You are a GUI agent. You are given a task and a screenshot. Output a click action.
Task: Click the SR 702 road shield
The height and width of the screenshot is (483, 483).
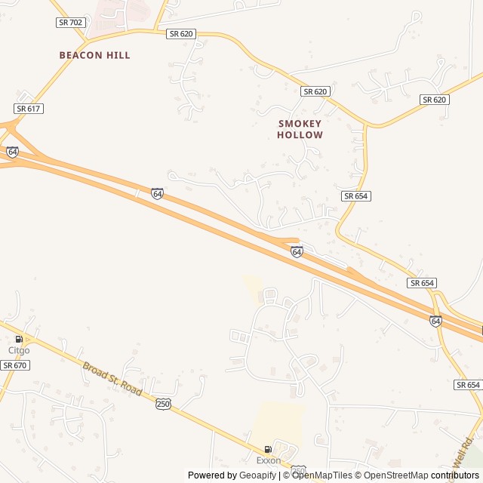pyautogui.click(x=69, y=23)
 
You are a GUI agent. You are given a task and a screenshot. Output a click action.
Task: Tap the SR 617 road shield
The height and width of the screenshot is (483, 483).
pyautogui.click(x=29, y=109)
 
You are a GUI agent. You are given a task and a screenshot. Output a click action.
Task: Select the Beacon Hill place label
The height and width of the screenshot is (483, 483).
pyautogui.click(x=95, y=55)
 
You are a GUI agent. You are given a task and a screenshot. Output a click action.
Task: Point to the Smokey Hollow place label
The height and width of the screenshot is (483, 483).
pyautogui.click(x=300, y=129)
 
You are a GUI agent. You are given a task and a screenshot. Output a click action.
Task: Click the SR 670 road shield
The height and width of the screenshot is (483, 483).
pyautogui.click(x=14, y=365)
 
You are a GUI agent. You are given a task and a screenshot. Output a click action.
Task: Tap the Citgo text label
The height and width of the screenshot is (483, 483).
pyautogui.click(x=19, y=350)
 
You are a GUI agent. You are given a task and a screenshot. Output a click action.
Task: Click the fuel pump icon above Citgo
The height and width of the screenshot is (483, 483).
pyautogui.click(x=19, y=340)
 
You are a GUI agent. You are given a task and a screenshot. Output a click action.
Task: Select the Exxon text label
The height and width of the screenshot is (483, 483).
pyautogui.click(x=268, y=460)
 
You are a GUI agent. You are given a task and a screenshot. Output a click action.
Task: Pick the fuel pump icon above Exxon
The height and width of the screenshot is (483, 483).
pyautogui.click(x=268, y=450)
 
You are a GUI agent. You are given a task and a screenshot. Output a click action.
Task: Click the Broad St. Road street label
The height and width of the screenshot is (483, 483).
pyautogui.click(x=112, y=383)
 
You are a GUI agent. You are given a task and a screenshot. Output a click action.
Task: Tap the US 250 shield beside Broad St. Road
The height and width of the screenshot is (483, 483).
pyautogui.click(x=164, y=405)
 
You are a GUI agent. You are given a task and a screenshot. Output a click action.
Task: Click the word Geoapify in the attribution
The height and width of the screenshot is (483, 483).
pyautogui.click(x=258, y=475)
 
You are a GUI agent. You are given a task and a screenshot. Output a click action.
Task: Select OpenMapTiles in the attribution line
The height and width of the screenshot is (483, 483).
pyautogui.click(x=321, y=475)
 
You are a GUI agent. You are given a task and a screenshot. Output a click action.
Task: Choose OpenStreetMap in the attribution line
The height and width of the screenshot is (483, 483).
pyautogui.click(x=393, y=475)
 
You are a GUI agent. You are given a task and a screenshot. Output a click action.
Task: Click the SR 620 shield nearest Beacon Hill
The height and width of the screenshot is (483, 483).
pyautogui.click(x=182, y=34)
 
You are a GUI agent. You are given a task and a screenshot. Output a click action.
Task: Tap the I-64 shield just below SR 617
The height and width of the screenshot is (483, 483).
pyautogui.click(x=12, y=152)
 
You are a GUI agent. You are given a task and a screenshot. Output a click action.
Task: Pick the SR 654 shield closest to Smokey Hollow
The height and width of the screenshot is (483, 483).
pyautogui.click(x=356, y=195)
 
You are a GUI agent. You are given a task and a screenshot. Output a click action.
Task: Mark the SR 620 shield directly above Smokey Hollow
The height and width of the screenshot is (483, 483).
pyautogui.click(x=315, y=91)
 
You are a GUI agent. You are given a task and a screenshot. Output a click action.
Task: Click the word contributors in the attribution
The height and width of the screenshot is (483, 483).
pyautogui.click(x=455, y=475)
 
